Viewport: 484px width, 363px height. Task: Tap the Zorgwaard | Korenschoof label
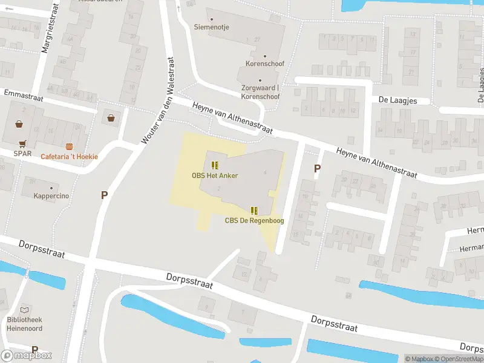point(260,92)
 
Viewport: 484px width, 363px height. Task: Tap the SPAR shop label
point(22,154)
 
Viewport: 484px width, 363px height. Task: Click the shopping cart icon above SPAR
point(22,144)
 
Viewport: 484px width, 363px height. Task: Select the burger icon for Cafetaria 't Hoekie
point(70,147)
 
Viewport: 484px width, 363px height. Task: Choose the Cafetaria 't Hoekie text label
point(69,157)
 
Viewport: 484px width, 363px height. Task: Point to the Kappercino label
point(50,197)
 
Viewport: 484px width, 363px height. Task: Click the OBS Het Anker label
point(215,175)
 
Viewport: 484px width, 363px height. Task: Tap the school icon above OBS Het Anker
point(215,165)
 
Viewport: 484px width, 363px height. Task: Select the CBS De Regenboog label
point(254,220)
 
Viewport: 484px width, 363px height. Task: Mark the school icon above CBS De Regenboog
point(254,210)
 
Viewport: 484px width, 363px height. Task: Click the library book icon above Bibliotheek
point(24,309)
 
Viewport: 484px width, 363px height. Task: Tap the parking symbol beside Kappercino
point(104,195)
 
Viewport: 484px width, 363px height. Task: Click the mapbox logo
point(27,355)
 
